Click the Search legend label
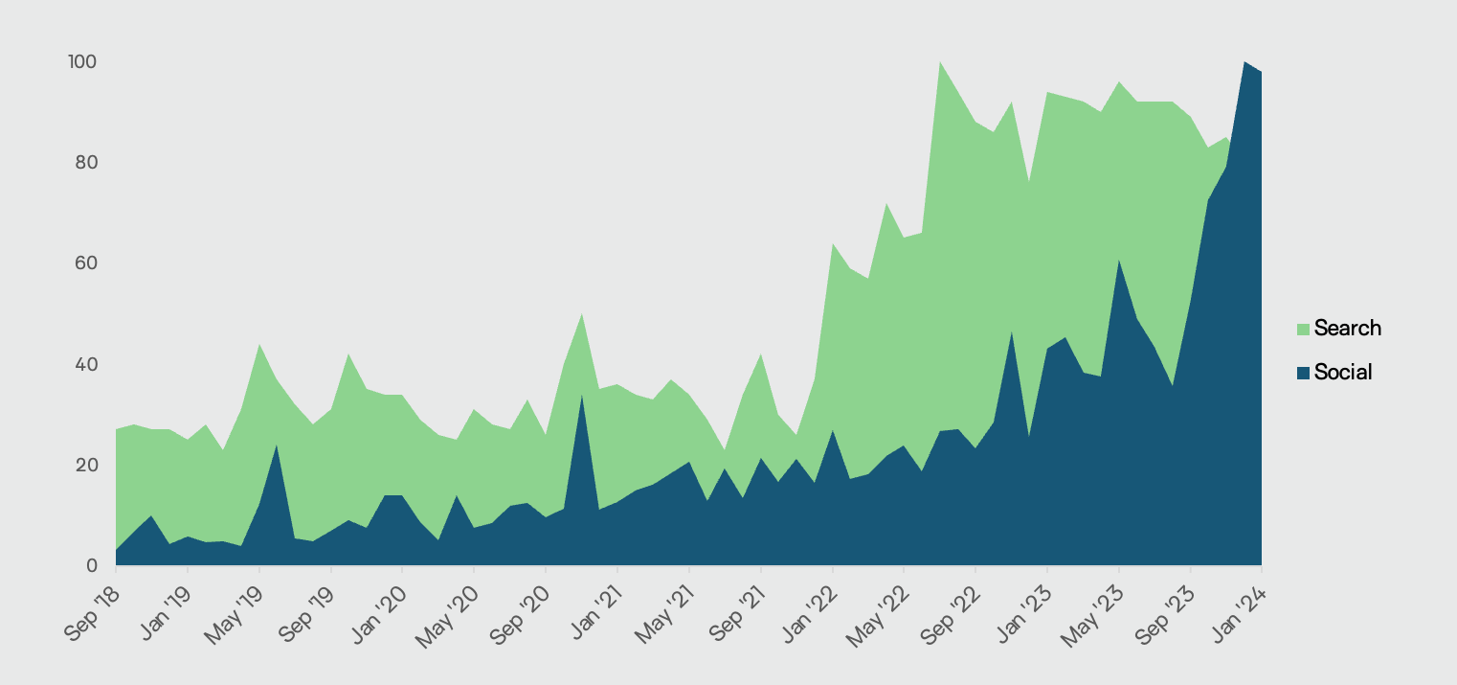pos(1347,329)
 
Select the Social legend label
pos(1343,373)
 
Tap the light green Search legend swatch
pos(1303,330)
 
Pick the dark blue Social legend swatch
pos(1303,374)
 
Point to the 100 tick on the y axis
pos(81,62)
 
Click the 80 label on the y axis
pos(85,163)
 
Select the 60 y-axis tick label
pos(85,263)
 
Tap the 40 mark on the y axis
pos(85,365)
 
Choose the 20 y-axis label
pos(85,466)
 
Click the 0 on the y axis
pos(91,566)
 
